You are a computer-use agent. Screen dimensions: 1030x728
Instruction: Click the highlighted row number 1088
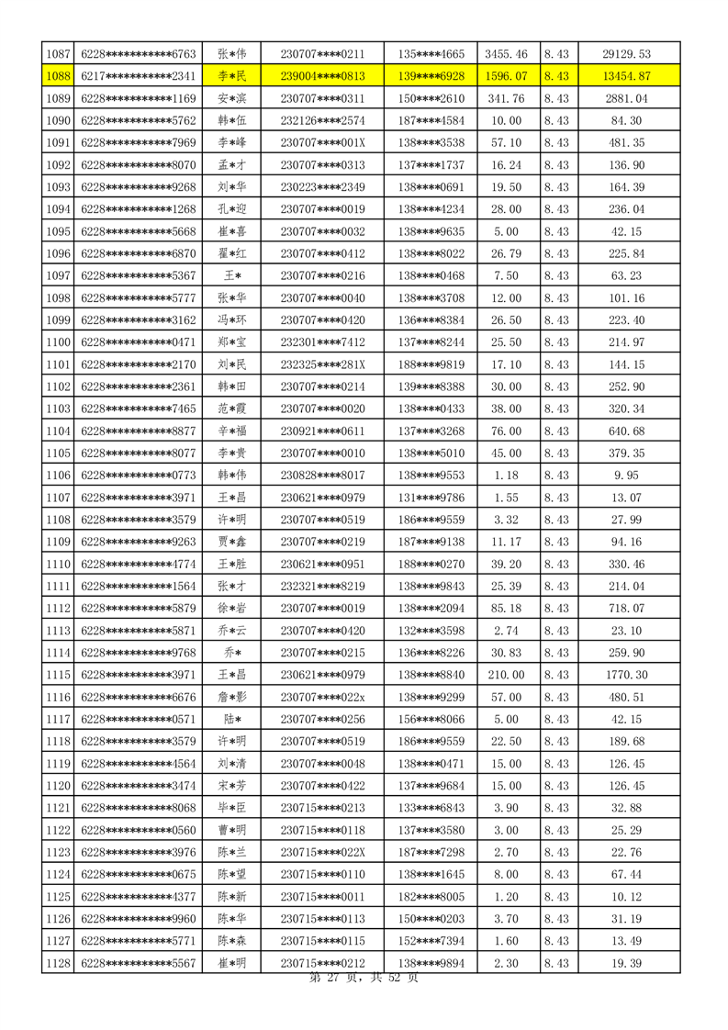(x=57, y=76)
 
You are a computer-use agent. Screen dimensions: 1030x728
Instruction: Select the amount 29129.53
(x=626, y=55)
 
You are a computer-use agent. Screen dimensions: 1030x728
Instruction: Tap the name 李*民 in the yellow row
(x=231, y=76)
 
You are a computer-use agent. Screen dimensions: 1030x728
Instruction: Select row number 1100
(x=57, y=318)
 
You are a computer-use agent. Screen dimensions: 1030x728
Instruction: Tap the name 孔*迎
(x=231, y=208)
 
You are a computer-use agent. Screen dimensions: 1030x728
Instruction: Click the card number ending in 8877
(x=139, y=406)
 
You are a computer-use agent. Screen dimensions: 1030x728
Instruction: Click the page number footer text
(x=364, y=979)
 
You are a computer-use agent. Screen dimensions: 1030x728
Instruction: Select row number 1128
(x=57, y=962)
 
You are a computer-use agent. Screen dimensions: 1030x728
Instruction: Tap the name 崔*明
(x=231, y=962)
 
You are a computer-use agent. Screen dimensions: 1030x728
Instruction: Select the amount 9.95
(x=626, y=450)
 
